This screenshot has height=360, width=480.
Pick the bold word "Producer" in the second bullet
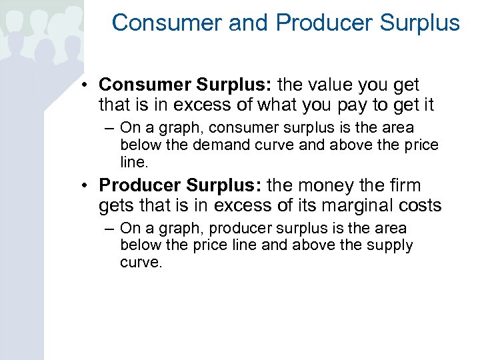[x=139, y=185]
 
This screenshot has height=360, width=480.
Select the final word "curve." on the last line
[x=141, y=262]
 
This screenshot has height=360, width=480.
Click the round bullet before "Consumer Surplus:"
[x=87, y=86]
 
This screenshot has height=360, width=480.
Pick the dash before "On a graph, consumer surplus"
[x=109, y=128]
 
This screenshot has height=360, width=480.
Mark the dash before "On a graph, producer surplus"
[x=109, y=229]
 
